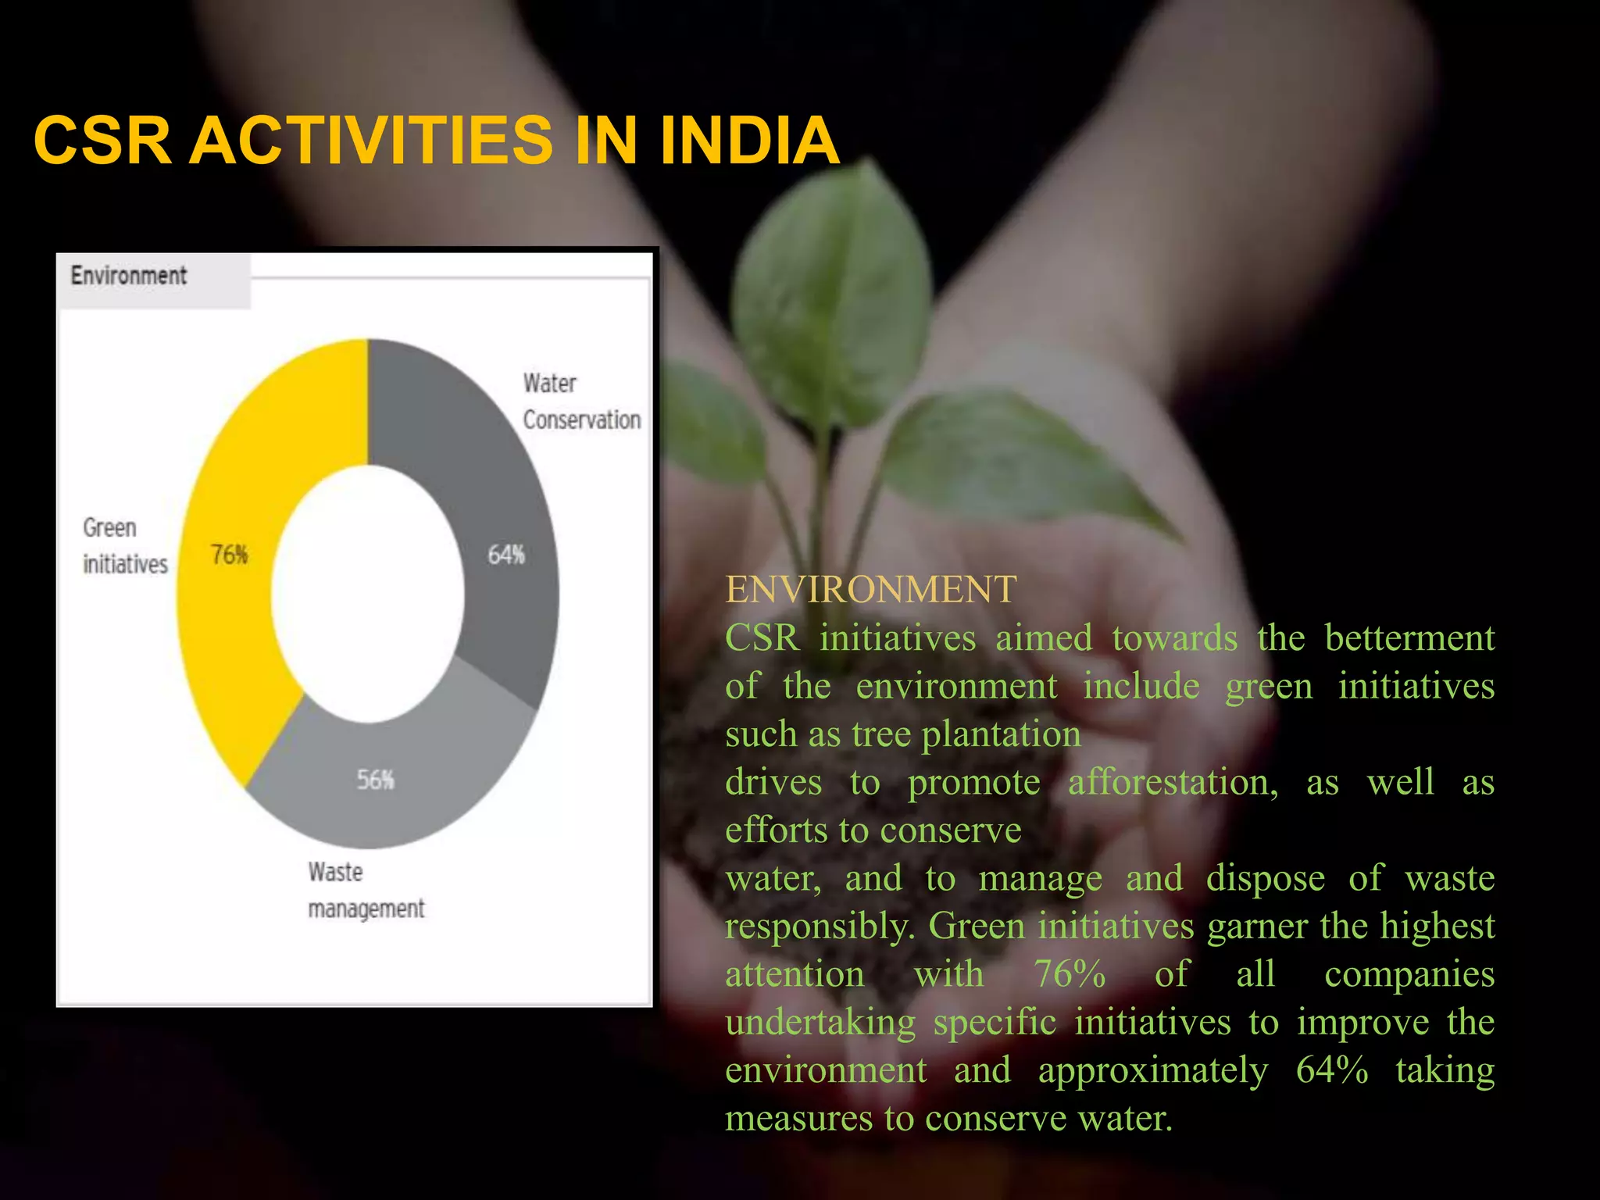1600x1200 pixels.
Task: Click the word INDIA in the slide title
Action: coord(748,141)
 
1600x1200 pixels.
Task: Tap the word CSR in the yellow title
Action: coord(102,141)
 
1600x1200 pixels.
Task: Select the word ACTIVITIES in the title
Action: coord(371,141)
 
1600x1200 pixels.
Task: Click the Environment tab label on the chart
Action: coord(129,276)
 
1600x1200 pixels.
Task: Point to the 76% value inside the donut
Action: coord(230,555)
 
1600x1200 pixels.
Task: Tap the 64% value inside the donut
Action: coord(506,555)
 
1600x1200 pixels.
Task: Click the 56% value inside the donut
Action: coord(376,780)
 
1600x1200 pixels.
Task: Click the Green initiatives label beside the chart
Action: coord(125,546)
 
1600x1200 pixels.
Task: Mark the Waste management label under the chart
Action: coord(366,891)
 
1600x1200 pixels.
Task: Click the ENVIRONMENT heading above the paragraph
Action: coord(871,589)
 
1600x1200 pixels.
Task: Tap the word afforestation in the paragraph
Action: coord(1173,782)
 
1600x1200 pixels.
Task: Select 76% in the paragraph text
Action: coord(1070,974)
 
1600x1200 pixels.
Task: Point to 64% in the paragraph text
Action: coord(1331,1070)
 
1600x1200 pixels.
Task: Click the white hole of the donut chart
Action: coord(367,594)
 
